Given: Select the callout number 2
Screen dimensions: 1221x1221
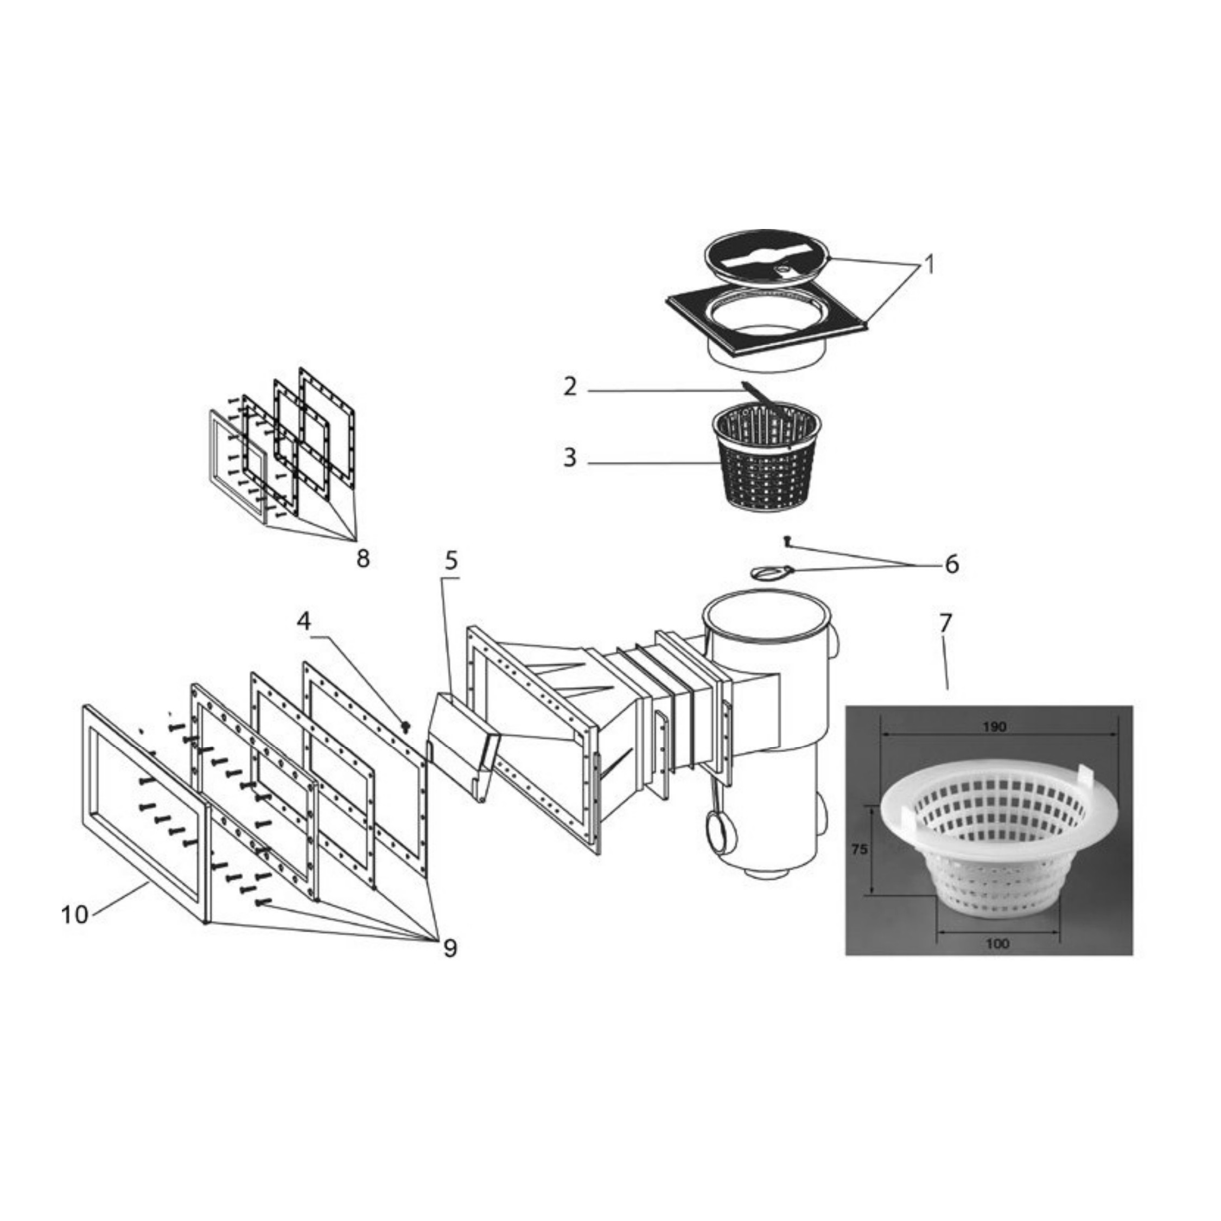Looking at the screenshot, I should (570, 386).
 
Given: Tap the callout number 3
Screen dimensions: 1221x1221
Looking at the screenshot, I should (570, 457).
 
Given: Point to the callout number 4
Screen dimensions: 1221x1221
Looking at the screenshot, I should (304, 622).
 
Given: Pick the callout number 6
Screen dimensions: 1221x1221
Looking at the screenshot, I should (952, 564).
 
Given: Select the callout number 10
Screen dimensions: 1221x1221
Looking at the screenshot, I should (74, 914).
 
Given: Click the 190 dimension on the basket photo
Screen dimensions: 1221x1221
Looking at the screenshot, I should (994, 727).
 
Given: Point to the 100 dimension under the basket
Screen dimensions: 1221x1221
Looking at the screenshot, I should (997, 945).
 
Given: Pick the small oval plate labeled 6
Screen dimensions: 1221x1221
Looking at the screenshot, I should (767, 572).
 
